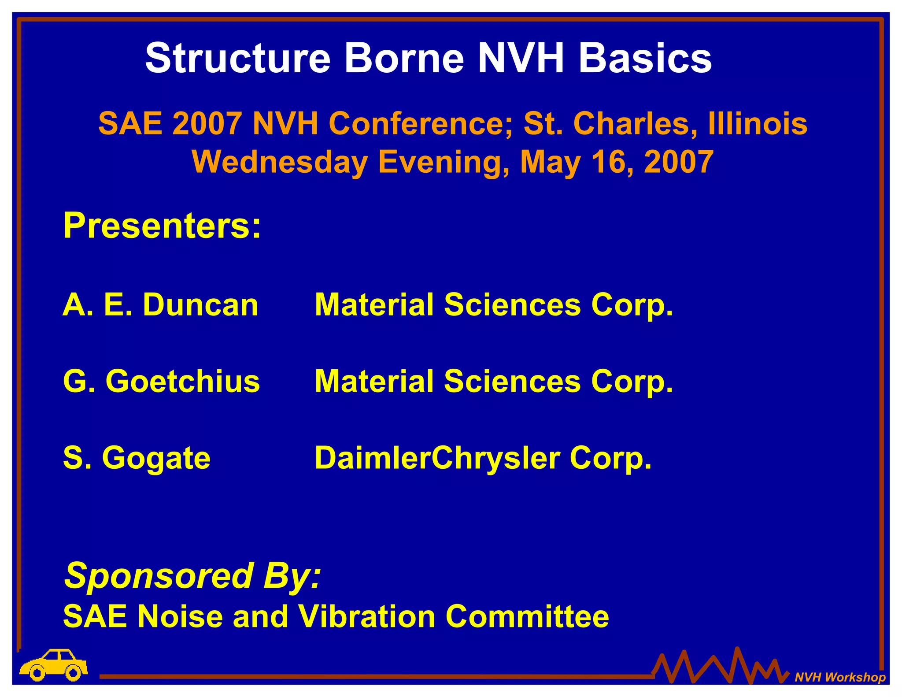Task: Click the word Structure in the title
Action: click(237, 59)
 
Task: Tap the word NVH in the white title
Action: click(521, 59)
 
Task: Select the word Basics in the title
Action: click(645, 59)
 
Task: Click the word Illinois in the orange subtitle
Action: click(758, 124)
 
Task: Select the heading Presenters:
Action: click(162, 226)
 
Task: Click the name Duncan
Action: click(200, 305)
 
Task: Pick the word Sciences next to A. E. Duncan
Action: click(512, 305)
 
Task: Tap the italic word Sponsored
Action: click(159, 576)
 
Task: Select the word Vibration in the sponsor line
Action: click(367, 616)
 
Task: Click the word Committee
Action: click(527, 616)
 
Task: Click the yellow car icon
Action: click(54, 664)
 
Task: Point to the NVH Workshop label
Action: click(840, 677)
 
